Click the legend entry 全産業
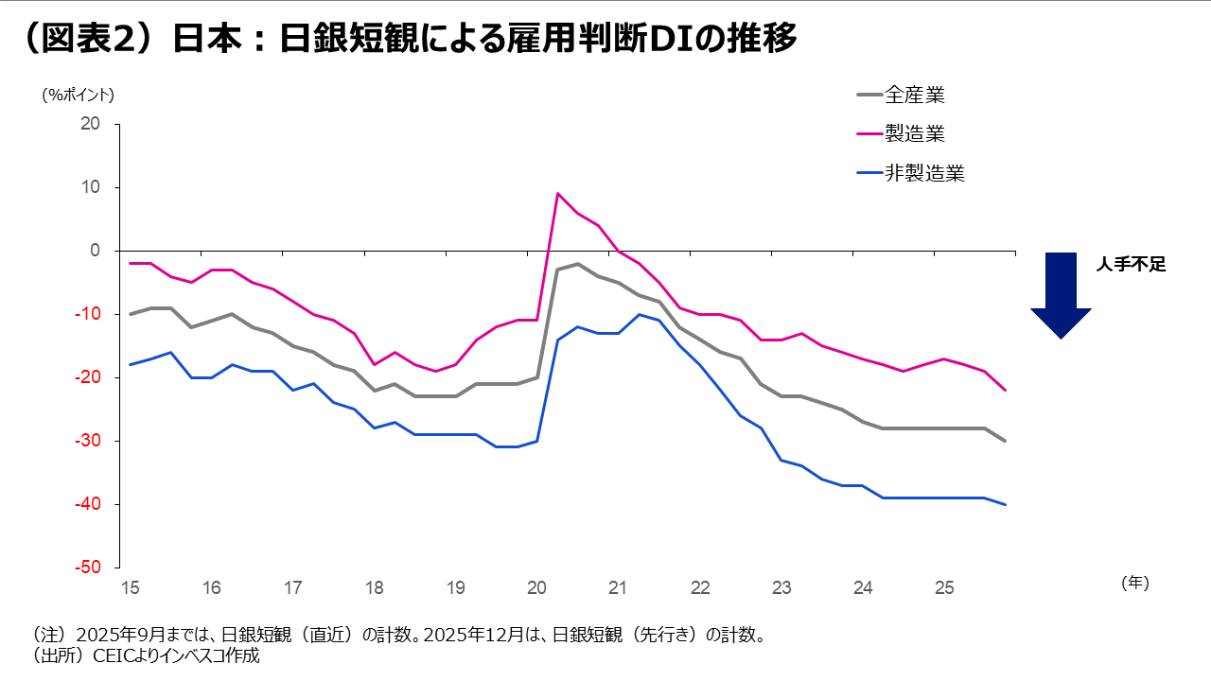coord(914,95)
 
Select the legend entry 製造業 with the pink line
coord(914,133)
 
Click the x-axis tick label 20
coord(537,587)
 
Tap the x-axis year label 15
coord(131,587)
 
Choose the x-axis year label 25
coord(944,587)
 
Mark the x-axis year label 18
coord(375,587)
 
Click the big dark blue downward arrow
coord(1061,294)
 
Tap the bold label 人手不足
coord(1131,266)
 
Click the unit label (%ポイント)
coord(78,95)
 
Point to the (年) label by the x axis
coord(1134,584)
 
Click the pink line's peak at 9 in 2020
coord(558,194)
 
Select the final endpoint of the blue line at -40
coord(1005,504)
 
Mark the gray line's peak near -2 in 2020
coord(578,264)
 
